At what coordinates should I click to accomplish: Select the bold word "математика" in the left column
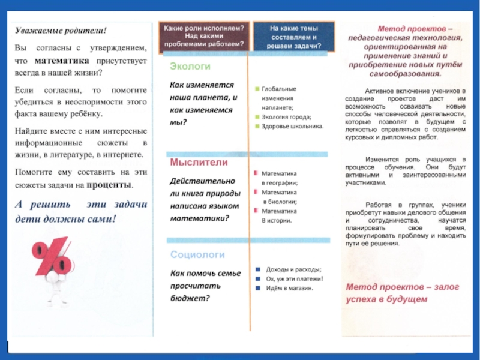62,61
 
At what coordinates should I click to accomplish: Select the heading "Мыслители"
191,162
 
